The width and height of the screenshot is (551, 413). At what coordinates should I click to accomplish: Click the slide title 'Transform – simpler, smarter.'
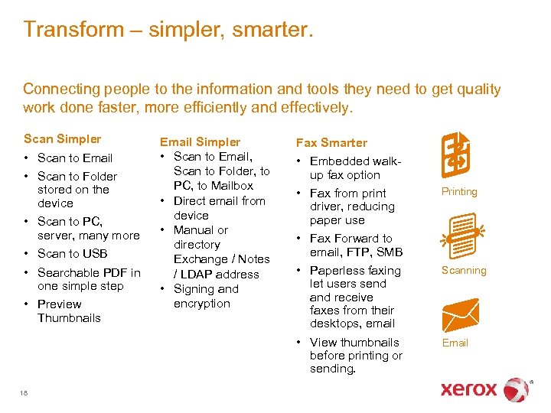(168, 30)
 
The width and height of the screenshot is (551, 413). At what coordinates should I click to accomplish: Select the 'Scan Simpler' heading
(62, 138)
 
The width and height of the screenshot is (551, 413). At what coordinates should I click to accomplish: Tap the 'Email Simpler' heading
(199, 142)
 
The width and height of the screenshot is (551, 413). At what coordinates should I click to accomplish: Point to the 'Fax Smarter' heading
(331, 142)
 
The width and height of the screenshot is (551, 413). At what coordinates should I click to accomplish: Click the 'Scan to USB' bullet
(72, 254)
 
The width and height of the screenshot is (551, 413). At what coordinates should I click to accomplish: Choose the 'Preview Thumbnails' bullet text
(69, 311)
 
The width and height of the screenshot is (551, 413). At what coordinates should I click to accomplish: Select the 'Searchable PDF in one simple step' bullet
(89, 279)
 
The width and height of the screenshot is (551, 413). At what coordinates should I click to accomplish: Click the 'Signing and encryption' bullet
(205, 296)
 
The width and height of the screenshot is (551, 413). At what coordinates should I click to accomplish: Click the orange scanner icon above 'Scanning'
(461, 231)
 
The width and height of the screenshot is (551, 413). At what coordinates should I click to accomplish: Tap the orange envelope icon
(461, 314)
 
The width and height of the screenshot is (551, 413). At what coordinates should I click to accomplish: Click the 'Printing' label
(459, 192)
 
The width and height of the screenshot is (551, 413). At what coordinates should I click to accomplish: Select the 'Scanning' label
(464, 270)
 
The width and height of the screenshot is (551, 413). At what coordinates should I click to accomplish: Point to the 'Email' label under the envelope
(455, 343)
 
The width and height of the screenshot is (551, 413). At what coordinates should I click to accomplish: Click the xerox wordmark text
(468, 389)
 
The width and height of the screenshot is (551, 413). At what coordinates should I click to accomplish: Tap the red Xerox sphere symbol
(517, 389)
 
